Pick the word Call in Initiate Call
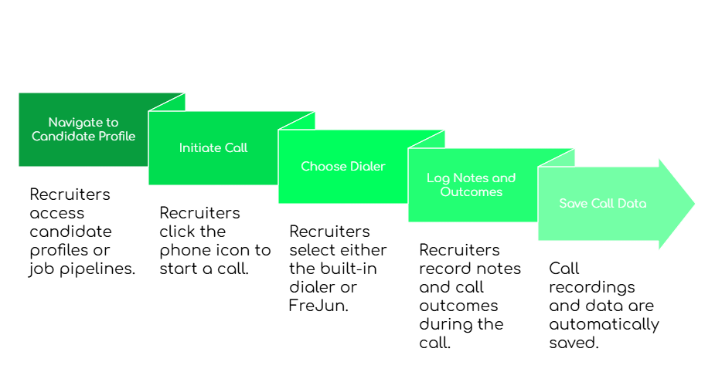pyautogui.click(x=236, y=147)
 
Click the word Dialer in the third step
pyautogui.click(x=365, y=166)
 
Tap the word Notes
pyautogui.click(x=470, y=178)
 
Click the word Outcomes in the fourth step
pyautogui.click(x=472, y=191)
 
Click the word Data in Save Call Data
pyautogui.click(x=632, y=204)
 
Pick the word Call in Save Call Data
pyautogui.click(x=603, y=204)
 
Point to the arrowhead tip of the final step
pyautogui.click(x=694, y=204)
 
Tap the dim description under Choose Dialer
pyautogui.click(x=337, y=267)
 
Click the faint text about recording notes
pyautogui.click(x=468, y=296)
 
